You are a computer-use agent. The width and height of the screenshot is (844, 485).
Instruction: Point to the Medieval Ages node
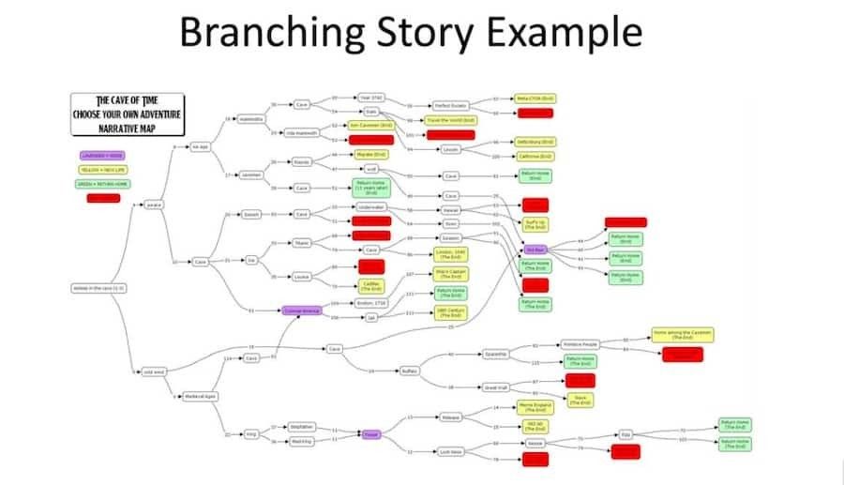[200, 396]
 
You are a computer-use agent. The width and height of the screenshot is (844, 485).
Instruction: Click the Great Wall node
[495, 386]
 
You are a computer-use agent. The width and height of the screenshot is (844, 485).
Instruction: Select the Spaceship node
[496, 354]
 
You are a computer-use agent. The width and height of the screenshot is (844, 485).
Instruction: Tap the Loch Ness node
[452, 451]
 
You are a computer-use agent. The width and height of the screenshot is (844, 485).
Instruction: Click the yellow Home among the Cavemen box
[683, 335]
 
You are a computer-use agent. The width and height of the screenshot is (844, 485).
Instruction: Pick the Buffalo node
[410, 371]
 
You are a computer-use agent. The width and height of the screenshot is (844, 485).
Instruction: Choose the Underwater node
[371, 206]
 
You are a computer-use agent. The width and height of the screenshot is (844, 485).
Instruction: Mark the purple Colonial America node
[302, 310]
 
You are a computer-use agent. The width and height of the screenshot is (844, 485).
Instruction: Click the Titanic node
[302, 243]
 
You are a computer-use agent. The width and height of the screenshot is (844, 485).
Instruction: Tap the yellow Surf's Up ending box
[535, 224]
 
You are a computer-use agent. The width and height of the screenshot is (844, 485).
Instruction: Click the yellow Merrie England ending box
[535, 407]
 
